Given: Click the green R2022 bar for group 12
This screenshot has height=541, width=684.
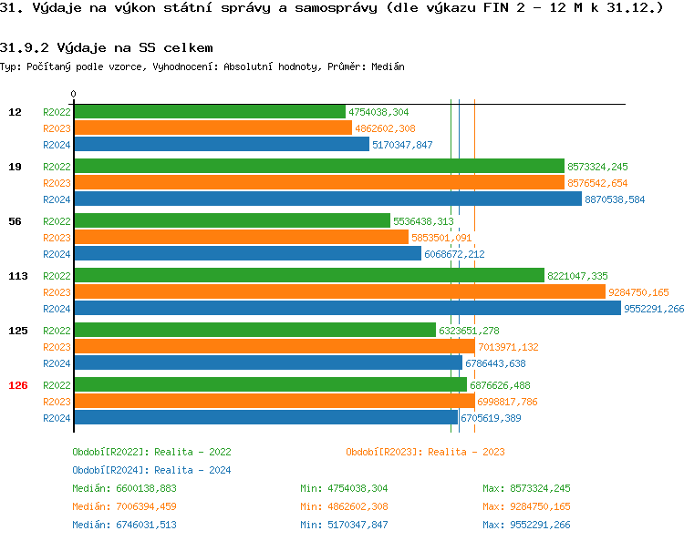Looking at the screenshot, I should [x=210, y=112].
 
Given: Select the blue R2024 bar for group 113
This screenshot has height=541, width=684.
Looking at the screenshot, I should [x=347, y=309].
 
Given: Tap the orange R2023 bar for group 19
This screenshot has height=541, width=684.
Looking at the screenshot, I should [x=319, y=183].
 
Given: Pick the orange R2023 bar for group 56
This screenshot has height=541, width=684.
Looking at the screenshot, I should [x=241, y=238].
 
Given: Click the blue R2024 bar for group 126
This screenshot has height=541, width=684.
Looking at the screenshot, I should [x=265, y=418].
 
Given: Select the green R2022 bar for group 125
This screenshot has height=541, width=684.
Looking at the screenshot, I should [x=254, y=331].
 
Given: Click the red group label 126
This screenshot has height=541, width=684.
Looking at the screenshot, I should [x=18, y=385].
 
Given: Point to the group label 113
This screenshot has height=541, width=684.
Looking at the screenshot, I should [x=18, y=276].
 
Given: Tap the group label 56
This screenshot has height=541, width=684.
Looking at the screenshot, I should [x=15, y=221].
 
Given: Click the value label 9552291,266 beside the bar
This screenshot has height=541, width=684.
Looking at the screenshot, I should [x=654, y=309].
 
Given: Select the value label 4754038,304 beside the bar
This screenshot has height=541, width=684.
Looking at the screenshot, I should [x=378, y=112].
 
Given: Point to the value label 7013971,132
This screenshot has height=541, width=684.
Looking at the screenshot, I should [x=508, y=347].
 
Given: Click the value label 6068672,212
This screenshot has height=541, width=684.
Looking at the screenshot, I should [x=454, y=254].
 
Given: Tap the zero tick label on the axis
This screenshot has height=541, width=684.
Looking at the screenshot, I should [x=74, y=94].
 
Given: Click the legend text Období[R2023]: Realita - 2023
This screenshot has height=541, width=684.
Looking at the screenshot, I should [x=426, y=452].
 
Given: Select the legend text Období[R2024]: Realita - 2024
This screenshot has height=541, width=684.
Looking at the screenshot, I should [x=152, y=470].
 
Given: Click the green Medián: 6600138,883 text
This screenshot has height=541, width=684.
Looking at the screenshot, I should [x=125, y=488].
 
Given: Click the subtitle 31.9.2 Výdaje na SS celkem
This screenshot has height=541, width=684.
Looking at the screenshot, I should [x=108, y=46].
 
